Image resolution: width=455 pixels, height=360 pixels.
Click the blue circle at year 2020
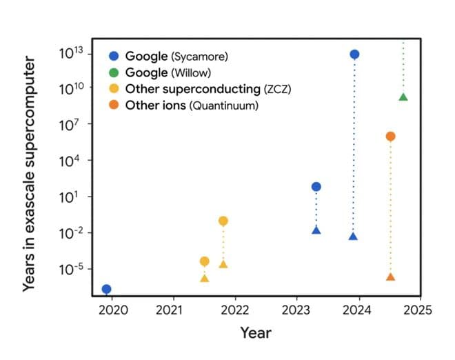[x=106, y=289]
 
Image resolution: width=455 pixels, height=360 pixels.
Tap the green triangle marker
[x=403, y=97]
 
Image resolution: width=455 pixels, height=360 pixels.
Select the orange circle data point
[x=390, y=137]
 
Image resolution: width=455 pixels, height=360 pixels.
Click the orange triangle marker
[x=390, y=277]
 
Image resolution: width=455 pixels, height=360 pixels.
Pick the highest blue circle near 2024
[x=354, y=54]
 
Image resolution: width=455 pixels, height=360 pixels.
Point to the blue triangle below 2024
[x=354, y=237]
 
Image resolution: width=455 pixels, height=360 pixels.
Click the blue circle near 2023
[x=316, y=186]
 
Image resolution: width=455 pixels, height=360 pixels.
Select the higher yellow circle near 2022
[x=223, y=221]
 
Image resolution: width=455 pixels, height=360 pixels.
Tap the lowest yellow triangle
[x=205, y=278]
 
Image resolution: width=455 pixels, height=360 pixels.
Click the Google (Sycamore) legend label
[x=176, y=56]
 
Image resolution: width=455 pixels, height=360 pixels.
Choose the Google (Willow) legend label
[x=168, y=72]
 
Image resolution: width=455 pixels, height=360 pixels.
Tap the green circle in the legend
[x=114, y=72]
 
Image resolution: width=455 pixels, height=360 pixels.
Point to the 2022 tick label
[x=234, y=310]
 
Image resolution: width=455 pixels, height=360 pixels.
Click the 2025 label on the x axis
[x=418, y=310]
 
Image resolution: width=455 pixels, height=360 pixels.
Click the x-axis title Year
[x=256, y=333]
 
